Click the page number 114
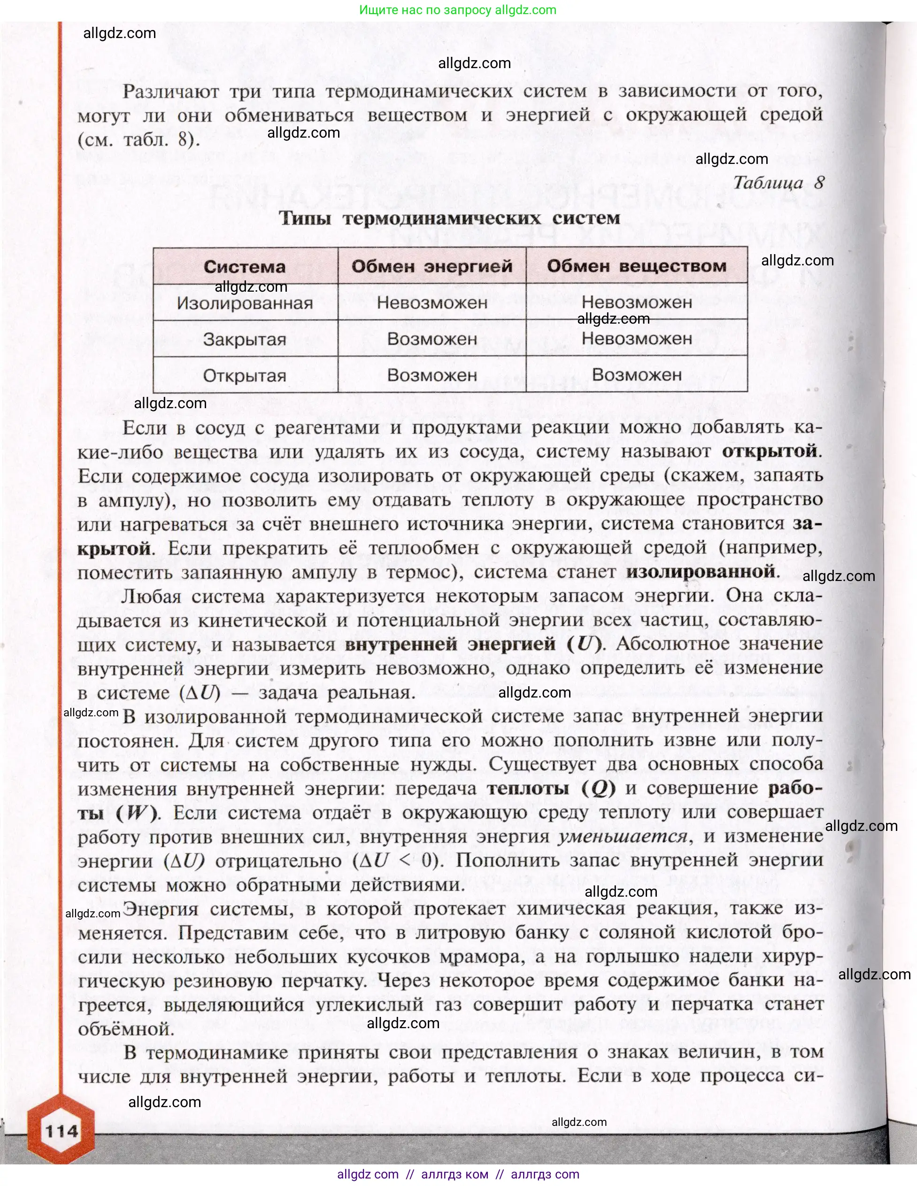[62, 1131]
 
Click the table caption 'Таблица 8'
[778, 182]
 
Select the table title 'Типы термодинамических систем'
[449, 218]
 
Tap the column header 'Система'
[245, 267]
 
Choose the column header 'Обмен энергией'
[432, 266]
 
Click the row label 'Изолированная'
[245, 303]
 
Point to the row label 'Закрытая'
[245, 340]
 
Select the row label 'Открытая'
[245, 376]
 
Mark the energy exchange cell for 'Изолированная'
[432, 302]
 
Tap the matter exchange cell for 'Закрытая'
[636, 339]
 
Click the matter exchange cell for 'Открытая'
[636, 375]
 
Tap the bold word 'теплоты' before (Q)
[528, 789]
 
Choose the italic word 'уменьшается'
[622, 837]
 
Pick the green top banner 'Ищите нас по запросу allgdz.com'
[458, 10]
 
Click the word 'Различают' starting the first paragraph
[170, 92]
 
